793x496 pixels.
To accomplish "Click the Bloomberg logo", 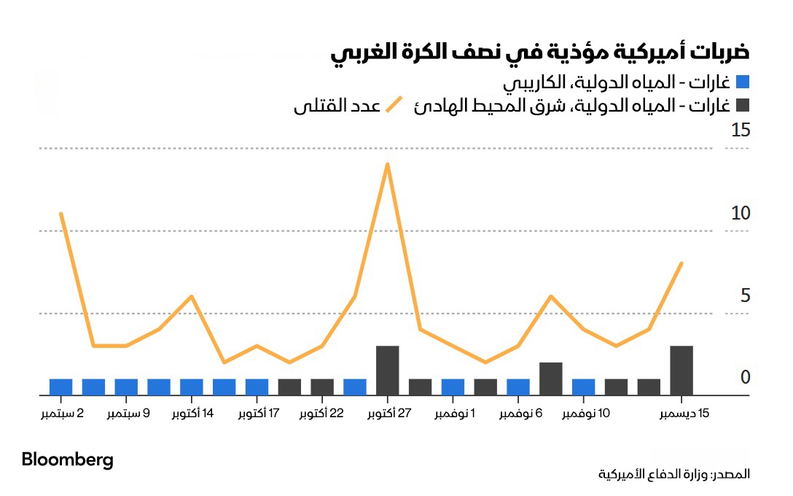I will (x=68, y=460).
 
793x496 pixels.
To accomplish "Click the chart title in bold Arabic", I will (x=540, y=53).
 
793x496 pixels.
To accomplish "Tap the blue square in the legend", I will (x=742, y=82).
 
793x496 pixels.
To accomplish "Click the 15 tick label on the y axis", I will (x=740, y=131).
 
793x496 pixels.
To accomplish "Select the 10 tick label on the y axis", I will (x=740, y=214).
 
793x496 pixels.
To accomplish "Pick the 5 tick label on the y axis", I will (x=744, y=296).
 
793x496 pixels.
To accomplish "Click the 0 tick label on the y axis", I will (x=744, y=378).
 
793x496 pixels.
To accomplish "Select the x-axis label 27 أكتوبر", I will (x=387, y=414).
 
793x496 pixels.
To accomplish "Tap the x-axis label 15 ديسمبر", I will (x=684, y=414).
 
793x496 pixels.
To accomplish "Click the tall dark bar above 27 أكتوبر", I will (x=387, y=371).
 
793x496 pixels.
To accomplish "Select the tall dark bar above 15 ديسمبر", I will (x=681, y=371).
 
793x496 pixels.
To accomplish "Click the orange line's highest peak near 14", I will (x=388, y=164).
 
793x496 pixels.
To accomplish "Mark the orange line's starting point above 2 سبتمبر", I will (x=60, y=214).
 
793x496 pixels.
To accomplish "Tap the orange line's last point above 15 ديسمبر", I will (x=681, y=263).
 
